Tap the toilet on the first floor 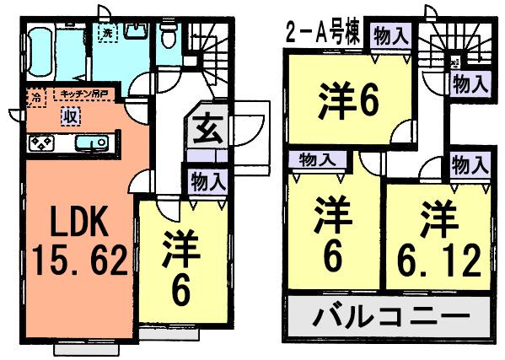click(168, 35)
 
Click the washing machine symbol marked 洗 click(107, 33)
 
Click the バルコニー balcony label click(392, 317)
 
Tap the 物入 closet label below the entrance click(207, 180)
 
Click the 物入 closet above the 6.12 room click(470, 165)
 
